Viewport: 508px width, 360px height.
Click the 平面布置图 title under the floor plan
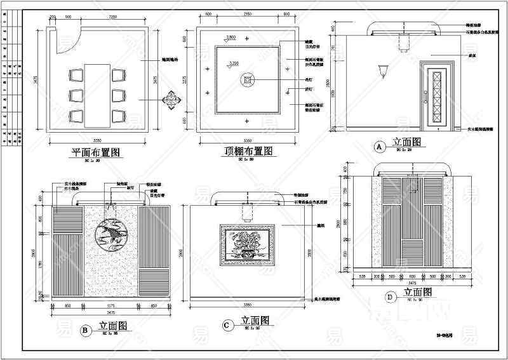(x=97, y=152)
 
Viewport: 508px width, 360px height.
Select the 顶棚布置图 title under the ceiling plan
(x=248, y=152)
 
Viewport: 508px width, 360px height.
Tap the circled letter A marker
(x=380, y=147)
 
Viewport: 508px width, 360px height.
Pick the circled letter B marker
(x=84, y=330)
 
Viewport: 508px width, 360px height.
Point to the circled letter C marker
(x=226, y=325)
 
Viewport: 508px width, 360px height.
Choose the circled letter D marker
(x=389, y=296)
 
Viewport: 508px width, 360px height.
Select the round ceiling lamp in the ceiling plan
(x=248, y=79)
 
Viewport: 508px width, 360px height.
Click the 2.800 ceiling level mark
(x=231, y=38)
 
